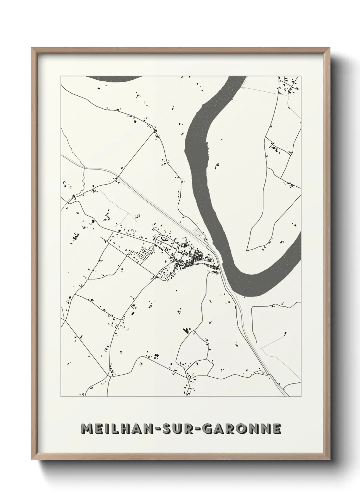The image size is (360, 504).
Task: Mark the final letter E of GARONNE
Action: pos(277,429)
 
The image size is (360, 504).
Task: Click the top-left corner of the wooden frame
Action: pos(32,48)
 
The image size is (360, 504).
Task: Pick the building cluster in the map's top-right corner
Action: pos(289,85)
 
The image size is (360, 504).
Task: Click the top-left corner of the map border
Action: pos(61,76)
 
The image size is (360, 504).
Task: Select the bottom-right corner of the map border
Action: pos(301,397)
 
